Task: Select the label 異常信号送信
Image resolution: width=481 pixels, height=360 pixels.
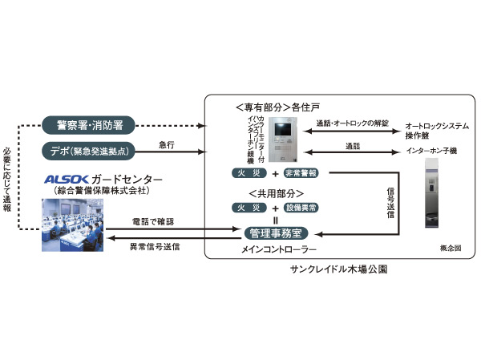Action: click(154, 248)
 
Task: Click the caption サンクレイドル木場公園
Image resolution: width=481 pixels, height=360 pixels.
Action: click(338, 269)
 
